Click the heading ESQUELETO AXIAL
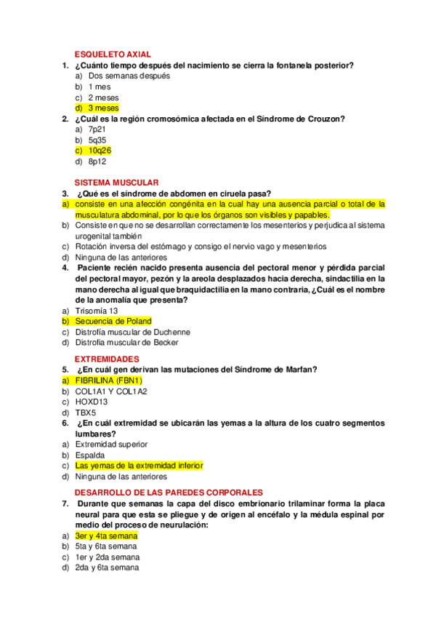[113, 55]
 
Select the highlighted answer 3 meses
[103, 108]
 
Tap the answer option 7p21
[97, 129]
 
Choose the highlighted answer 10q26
[100, 151]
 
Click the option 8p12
[97, 162]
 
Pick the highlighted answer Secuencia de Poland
[113, 321]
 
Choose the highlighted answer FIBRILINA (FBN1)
[108, 381]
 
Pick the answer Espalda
[89, 455]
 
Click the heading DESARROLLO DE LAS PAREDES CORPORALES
[169, 493]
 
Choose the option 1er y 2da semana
[108, 557]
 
